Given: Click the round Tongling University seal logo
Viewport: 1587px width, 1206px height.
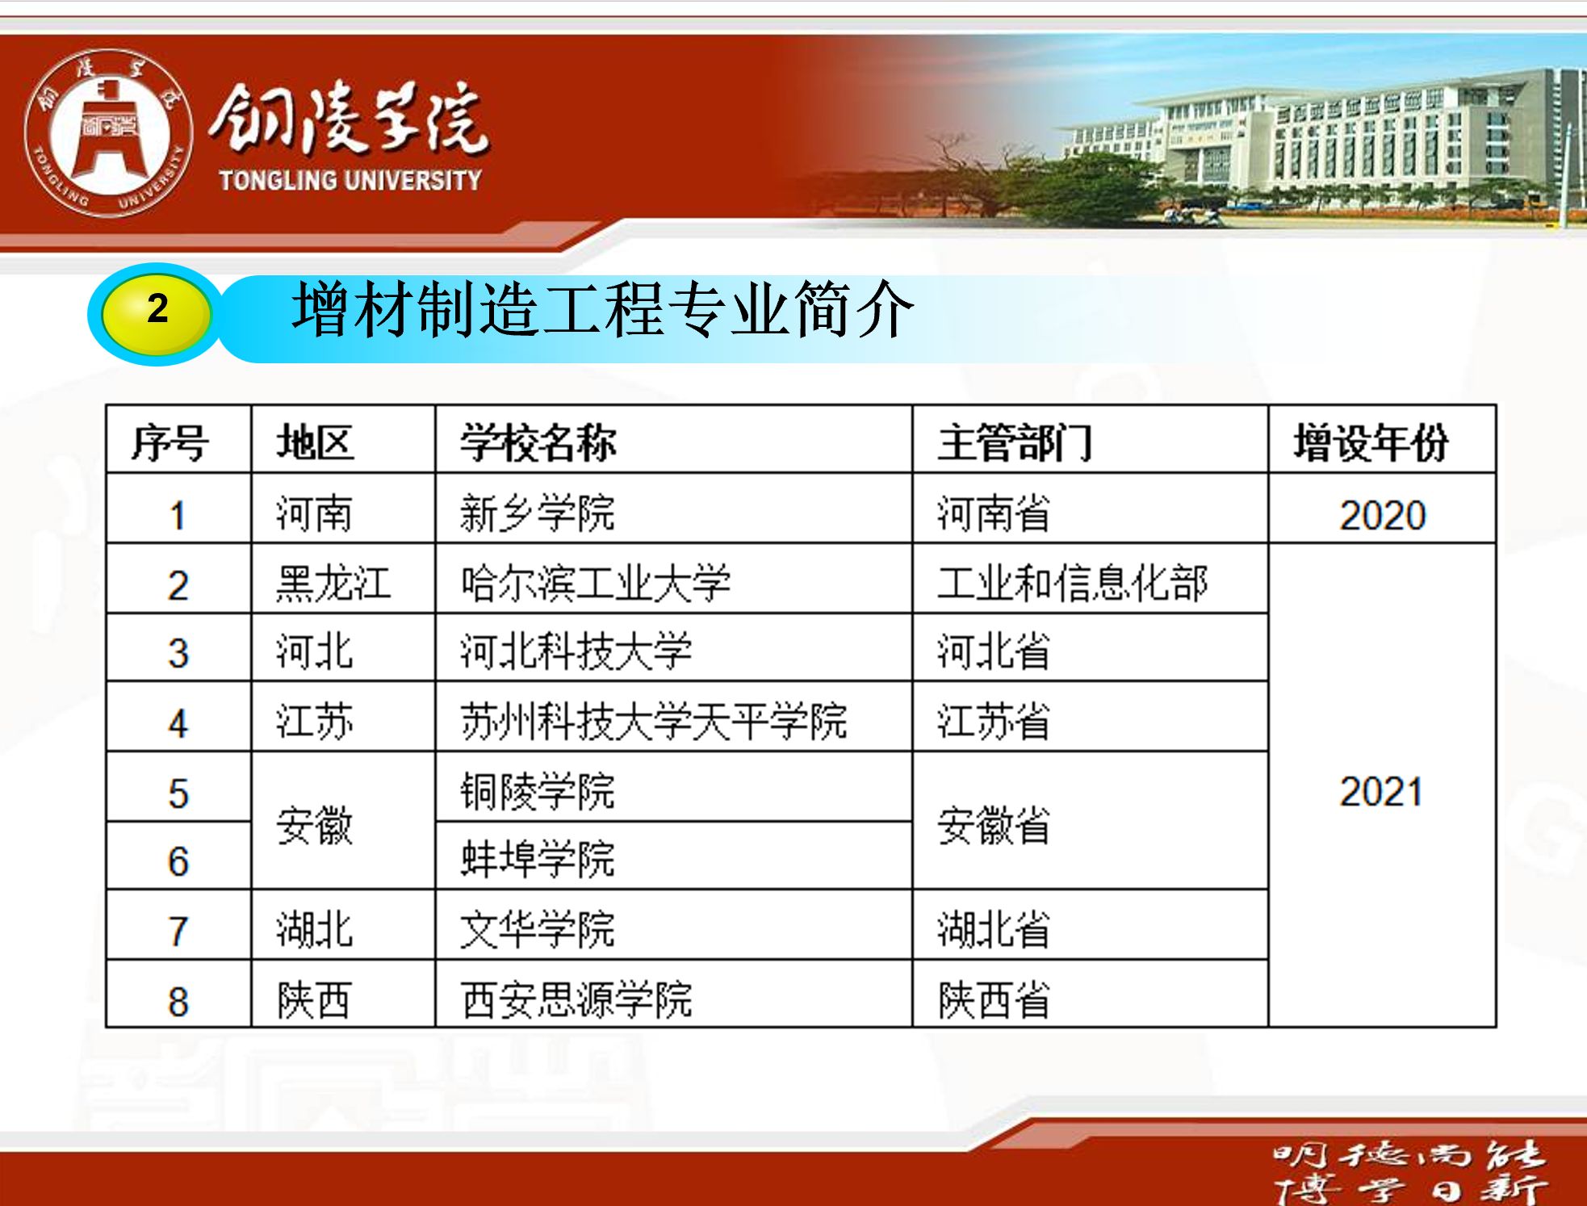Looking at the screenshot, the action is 108,134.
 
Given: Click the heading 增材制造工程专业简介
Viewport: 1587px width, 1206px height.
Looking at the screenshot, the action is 602,309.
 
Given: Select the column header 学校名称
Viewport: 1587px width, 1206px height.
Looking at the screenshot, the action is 538,442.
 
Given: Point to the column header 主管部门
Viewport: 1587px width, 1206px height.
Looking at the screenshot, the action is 1015,442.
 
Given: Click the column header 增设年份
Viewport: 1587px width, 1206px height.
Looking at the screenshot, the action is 1371,442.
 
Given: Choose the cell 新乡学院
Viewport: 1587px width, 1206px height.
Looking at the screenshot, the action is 538,513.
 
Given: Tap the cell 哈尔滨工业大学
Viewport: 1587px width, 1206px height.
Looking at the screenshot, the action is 596,583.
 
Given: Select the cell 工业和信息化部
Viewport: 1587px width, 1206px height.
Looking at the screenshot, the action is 1073,583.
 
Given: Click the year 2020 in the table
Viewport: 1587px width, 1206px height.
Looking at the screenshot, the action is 1383,515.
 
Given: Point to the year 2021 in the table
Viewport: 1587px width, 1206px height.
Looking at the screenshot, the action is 1381,791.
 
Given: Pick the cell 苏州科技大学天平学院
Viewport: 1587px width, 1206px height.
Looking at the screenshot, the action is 654,721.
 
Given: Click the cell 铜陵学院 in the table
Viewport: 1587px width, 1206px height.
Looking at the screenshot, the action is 538,790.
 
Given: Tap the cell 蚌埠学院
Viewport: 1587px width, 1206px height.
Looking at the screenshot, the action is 538,858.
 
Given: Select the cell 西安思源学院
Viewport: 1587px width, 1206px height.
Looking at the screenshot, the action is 576,999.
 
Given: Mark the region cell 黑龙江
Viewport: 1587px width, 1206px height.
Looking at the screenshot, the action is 333,583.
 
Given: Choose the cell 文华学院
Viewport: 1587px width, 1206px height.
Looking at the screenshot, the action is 538,928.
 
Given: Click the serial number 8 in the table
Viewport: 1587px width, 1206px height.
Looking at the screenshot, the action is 178,1002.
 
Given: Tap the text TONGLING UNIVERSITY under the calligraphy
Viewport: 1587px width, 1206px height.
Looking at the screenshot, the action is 350,180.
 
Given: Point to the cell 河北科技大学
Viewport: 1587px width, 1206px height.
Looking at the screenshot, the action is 576,651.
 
